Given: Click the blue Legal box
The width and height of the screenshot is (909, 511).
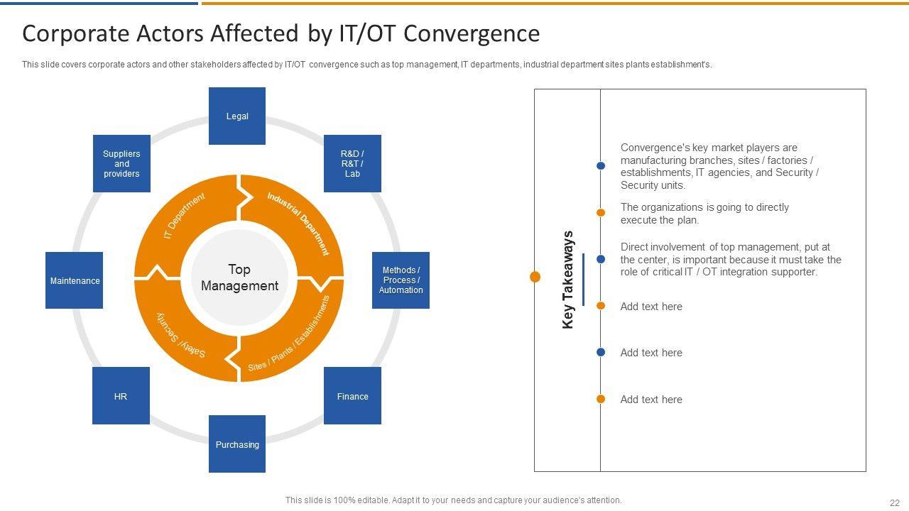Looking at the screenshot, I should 237,116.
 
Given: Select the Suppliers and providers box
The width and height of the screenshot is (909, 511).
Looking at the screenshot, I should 121,163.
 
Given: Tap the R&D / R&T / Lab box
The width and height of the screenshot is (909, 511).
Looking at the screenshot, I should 352,163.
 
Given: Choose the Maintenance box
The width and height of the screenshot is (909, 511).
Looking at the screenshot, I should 75,280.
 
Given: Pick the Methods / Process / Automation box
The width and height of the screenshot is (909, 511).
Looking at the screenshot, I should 401,280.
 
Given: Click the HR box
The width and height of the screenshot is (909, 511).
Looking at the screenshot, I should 121,396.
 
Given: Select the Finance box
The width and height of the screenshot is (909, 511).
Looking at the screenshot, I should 352,396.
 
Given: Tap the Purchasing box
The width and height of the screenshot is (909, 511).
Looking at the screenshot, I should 237,444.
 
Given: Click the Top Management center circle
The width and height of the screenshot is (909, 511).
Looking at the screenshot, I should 239,278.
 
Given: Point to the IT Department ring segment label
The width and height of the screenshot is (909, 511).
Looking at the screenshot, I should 184,215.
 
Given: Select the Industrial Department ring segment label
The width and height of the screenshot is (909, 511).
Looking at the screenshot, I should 298,223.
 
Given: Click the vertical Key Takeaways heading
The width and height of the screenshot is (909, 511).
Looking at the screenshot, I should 567,280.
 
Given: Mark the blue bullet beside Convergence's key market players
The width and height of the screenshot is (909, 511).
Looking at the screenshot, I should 601,166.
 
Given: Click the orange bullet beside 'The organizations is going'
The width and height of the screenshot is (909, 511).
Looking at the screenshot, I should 601,213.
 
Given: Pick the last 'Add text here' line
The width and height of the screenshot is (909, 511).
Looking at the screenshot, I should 651,400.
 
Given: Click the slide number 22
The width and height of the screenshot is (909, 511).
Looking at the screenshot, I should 894,502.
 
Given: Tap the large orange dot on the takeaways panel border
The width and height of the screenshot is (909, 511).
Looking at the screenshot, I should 535,277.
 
